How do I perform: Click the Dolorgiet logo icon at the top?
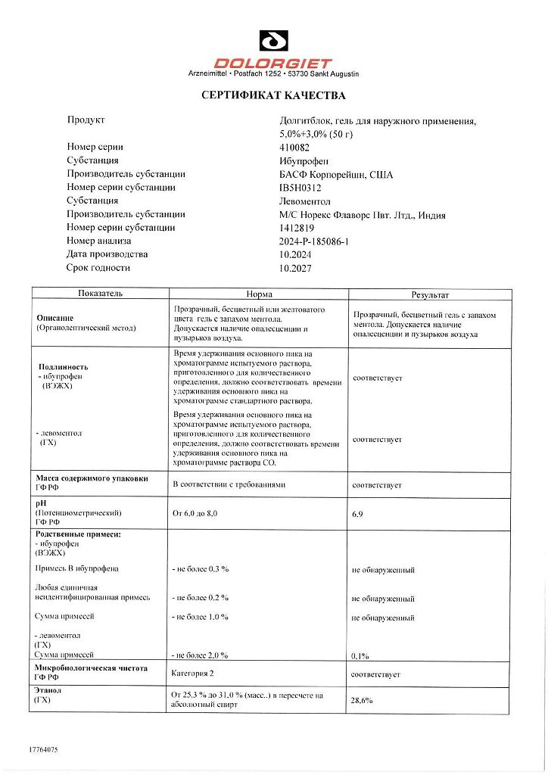[273, 41]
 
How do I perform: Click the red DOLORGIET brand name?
[273, 64]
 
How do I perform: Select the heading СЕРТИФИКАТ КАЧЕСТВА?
[273, 96]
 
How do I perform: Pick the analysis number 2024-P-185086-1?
[318, 241]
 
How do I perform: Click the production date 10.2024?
[295, 254]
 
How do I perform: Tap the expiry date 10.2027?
[295, 268]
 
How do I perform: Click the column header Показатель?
[100, 294]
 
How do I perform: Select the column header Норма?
[259, 294]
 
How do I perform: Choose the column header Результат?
[430, 294]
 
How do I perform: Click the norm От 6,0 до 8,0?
[195, 514]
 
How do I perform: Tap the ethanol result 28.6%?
[362, 700]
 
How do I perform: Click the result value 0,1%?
[360, 655]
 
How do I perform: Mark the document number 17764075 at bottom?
[42, 749]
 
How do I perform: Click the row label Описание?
[55, 318]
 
